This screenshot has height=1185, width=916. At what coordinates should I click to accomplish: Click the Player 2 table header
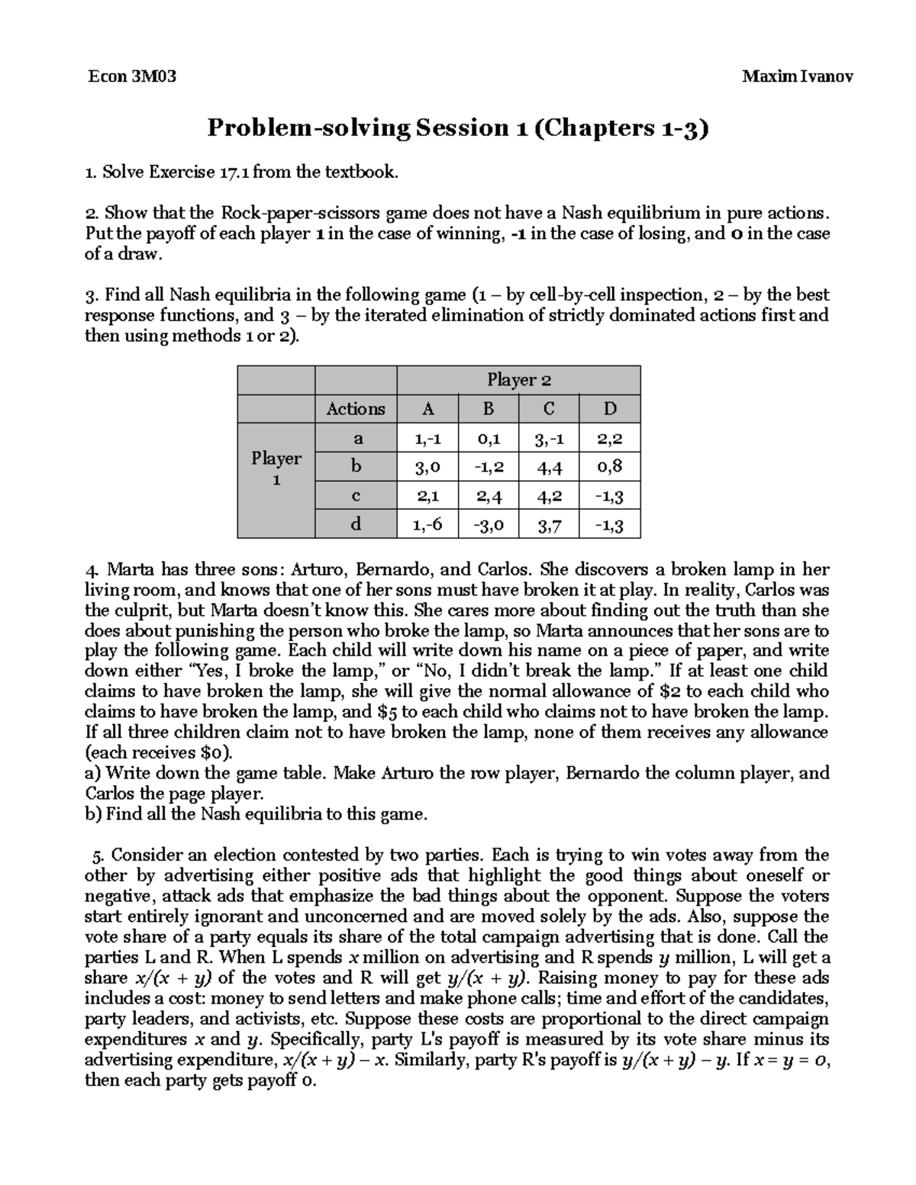pos(518,380)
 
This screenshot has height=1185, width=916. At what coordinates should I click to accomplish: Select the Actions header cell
pos(356,409)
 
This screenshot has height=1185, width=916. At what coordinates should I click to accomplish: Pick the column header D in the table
pos(609,409)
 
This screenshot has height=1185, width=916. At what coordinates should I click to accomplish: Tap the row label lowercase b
pos(356,466)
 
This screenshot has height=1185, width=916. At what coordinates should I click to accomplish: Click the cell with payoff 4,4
pos(549,466)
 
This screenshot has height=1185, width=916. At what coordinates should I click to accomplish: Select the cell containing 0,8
pos(609,466)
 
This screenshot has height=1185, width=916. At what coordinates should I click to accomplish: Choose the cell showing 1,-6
pos(427,525)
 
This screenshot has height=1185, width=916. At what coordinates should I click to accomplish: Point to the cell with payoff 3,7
pos(549,525)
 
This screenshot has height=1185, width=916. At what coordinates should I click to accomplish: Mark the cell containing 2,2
pos(609,438)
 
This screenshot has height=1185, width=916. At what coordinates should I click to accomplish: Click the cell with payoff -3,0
pos(488,525)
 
